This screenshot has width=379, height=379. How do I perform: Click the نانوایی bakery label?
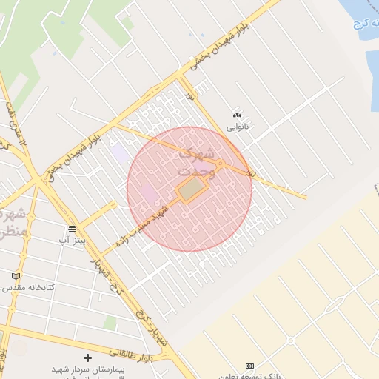pos(237,127)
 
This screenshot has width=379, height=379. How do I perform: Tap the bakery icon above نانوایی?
pos(237,115)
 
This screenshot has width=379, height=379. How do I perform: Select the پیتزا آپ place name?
pos(72,241)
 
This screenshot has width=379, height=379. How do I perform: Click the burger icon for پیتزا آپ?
pos(72,228)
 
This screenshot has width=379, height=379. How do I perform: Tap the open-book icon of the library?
pos(16,276)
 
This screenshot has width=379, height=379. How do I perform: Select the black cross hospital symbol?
pos(87,358)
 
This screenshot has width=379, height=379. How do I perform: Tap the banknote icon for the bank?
pos(249,366)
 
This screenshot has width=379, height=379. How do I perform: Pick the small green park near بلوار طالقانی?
pos(110,323)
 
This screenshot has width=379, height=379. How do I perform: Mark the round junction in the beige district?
pos(291,340)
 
